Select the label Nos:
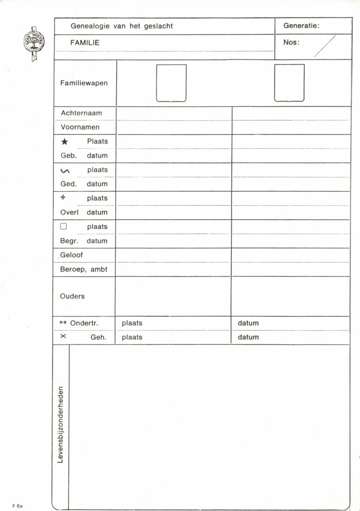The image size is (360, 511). [291, 42]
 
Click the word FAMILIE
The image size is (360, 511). [85, 42]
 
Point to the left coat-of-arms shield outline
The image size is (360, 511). [171, 83]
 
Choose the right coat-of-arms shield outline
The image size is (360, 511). [289, 83]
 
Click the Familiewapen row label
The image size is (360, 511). [84, 83]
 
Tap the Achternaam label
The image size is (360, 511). [81, 113]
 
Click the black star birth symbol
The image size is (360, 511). [64, 142]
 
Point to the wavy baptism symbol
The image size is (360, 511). [64, 171]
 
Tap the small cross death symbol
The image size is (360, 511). [63, 198]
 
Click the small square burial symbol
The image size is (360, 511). [63, 227]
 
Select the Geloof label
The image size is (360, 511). [72, 255]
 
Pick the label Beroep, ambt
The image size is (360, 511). [84, 269]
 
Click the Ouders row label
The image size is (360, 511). [72, 296]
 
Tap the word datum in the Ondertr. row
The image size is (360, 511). [248, 323]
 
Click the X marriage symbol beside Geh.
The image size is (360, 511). [63, 337]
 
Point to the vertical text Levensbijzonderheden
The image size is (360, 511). [60, 425]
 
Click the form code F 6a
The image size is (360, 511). [18, 506]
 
